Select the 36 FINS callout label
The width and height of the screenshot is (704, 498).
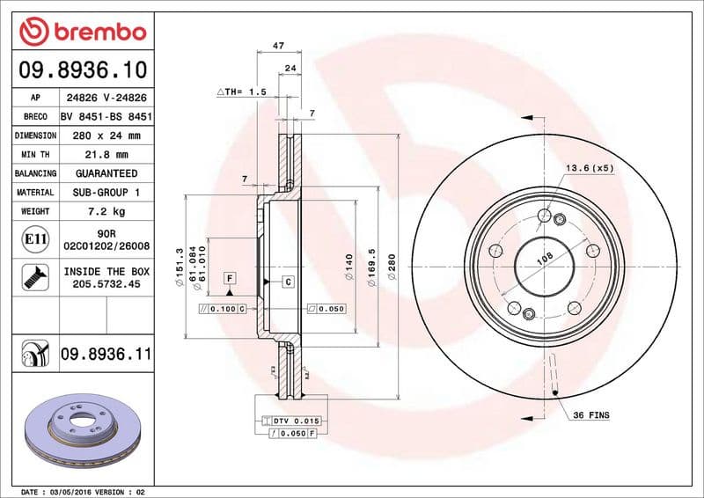(x=590, y=414)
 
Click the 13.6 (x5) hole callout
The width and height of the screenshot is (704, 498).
(x=589, y=167)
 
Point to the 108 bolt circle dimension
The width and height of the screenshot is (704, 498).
(x=544, y=257)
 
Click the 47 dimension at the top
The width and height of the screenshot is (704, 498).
(x=278, y=45)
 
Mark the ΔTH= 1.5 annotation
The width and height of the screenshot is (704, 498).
(x=241, y=92)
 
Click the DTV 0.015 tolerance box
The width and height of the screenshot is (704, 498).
(x=296, y=421)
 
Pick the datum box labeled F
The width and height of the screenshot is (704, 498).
(x=229, y=278)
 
